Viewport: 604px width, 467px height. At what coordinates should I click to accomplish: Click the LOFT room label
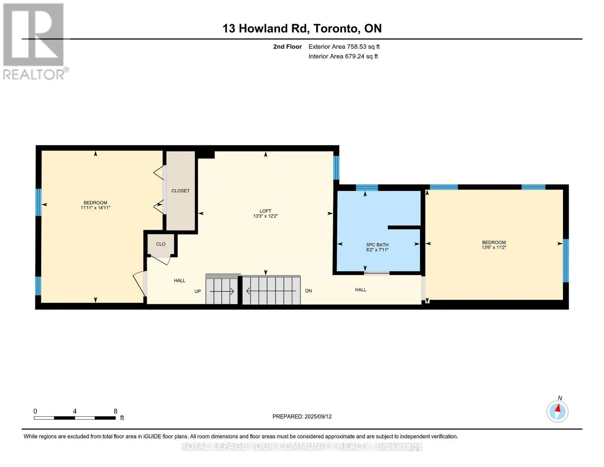pos(266,211)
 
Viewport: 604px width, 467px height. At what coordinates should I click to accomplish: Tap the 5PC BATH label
pos(377,245)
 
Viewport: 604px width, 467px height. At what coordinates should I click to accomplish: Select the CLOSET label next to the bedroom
pos(180,191)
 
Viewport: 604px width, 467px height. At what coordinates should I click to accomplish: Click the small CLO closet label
pos(161,244)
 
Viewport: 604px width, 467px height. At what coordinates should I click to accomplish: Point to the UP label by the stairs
pos(198,291)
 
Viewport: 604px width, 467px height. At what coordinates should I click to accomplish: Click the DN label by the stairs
pos(308,291)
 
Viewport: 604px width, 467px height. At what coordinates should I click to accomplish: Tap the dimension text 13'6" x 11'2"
pos(494,247)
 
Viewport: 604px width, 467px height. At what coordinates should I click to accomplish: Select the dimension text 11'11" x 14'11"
pos(95,208)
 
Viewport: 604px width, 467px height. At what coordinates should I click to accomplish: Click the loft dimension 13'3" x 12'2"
pos(266,216)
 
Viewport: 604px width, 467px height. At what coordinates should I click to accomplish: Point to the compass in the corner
pos(557,412)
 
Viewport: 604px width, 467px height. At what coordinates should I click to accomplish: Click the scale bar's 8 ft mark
pos(116,411)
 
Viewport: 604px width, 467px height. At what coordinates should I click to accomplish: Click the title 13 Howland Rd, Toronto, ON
pos(302,28)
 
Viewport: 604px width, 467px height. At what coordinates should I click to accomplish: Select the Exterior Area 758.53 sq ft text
pos(344,47)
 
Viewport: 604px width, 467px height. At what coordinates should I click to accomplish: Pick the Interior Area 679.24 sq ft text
pos(343,56)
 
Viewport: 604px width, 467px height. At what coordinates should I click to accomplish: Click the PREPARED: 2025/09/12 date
pos(302,417)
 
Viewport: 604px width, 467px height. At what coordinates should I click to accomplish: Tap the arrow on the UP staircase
pos(222,291)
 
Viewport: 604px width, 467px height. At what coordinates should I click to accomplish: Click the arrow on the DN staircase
pos(271,291)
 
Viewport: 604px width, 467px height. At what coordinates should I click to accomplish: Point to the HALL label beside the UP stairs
pos(180,281)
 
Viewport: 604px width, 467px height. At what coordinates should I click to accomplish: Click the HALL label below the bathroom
pos(361,290)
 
